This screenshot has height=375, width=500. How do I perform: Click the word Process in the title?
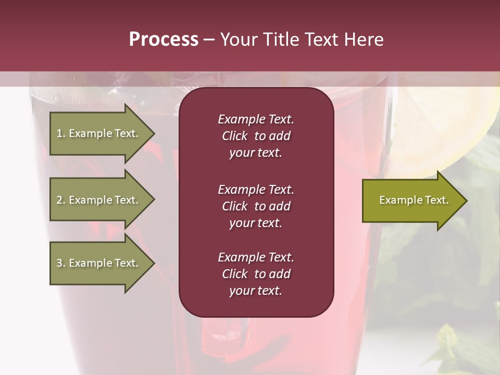[x=164, y=40]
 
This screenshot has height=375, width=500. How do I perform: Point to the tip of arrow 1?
[x=154, y=133]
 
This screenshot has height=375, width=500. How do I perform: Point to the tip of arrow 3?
[x=154, y=263]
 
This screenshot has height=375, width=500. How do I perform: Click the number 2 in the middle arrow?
[x=59, y=200]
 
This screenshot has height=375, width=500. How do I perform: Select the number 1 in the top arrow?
[x=59, y=133]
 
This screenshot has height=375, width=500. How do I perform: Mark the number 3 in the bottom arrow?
[x=59, y=263]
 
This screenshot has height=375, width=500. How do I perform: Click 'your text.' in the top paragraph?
[x=256, y=153]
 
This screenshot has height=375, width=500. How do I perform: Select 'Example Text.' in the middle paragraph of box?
[x=256, y=189]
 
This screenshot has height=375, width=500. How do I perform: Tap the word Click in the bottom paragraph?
[x=234, y=274]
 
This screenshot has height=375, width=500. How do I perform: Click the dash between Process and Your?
[x=209, y=40]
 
